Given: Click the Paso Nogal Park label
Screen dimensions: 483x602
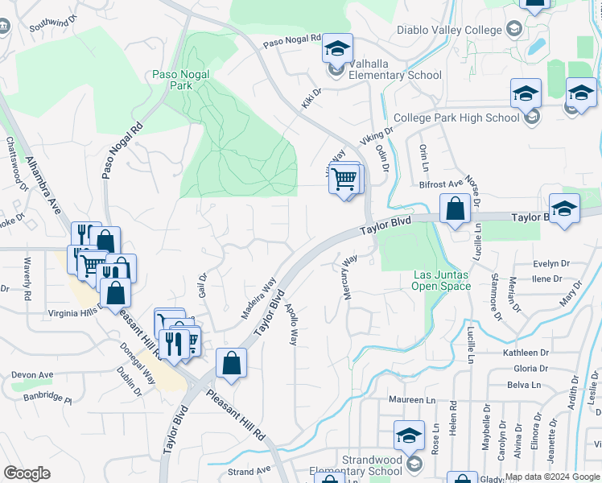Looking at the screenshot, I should coord(180,80).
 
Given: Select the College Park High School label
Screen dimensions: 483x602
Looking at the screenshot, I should coord(457,118).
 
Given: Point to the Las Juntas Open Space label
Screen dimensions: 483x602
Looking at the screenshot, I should coord(441,279).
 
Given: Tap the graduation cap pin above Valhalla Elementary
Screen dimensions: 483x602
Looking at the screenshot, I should coord(338,48).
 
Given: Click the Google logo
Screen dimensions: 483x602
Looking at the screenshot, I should coord(27,473).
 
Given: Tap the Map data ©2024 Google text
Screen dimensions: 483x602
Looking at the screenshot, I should coord(553,477).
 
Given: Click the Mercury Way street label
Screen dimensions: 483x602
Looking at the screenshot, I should coord(349,278).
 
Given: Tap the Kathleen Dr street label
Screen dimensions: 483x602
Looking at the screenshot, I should coord(526,353).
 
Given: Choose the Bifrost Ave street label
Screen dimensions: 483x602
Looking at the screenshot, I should coord(441,184).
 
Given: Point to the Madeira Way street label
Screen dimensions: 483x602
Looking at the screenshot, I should coord(258,298).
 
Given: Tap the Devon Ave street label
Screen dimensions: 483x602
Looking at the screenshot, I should coord(32,375).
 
